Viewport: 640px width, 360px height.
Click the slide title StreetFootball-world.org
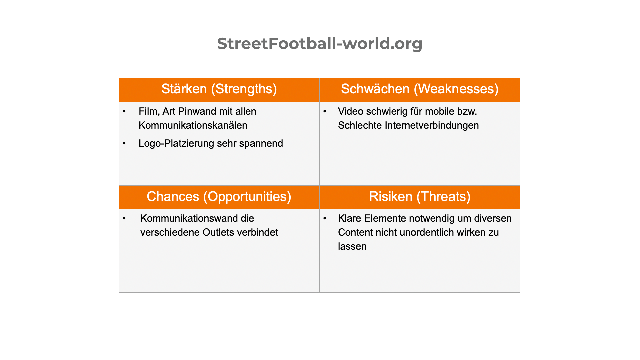[x=320, y=44]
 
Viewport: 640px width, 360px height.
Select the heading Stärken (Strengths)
[x=219, y=89]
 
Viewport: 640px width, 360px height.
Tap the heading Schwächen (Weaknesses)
[x=420, y=89]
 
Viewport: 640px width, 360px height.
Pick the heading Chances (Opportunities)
[x=219, y=197]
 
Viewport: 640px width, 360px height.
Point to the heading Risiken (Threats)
[x=420, y=197]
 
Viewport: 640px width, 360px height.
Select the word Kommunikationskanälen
[x=193, y=125]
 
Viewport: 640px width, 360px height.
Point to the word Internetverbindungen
[x=432, y=125]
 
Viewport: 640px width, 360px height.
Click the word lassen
[x=352, y=246]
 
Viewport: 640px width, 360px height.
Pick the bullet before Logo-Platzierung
[x=124, y=143]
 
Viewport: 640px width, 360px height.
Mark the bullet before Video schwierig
[x=325, y=111]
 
